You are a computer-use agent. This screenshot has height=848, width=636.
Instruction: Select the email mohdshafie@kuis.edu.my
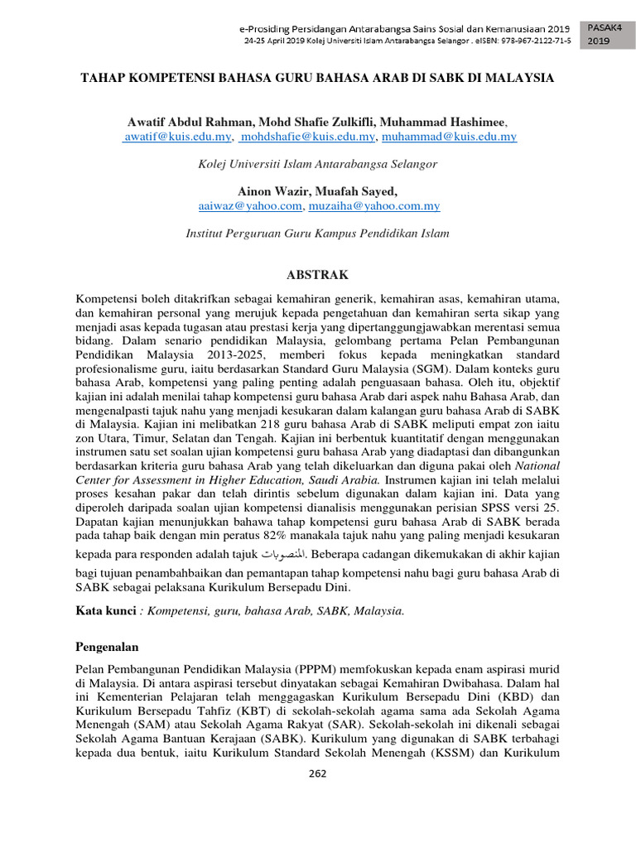(307, 137)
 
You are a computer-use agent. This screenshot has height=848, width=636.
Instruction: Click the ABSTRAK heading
(317, 274)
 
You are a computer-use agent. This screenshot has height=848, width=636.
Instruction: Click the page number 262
(317, 774)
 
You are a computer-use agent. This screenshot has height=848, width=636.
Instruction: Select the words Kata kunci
(105, 610)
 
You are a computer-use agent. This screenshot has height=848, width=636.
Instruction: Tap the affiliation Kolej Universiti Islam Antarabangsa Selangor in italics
(317, 164)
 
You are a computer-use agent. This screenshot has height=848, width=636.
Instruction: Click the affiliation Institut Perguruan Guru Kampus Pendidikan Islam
(317, 234)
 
